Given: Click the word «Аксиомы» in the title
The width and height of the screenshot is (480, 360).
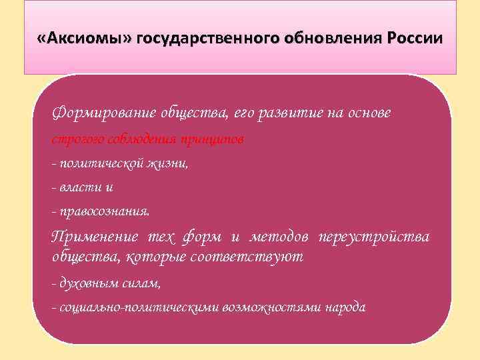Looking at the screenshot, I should click(x=85, y=38).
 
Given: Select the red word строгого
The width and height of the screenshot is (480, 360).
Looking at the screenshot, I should click(x=73, y=139).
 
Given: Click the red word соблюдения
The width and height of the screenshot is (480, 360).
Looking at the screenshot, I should click(x=135, y=139).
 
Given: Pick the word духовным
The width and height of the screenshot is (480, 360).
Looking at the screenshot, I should click(x=85, y=283).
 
